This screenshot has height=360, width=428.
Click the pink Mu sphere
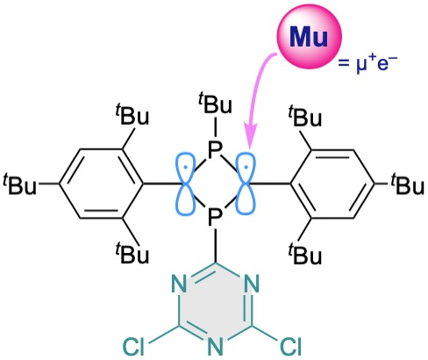click(309, 37)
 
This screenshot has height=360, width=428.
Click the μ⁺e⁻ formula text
click(368, 64)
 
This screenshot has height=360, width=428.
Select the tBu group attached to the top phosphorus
click(215, 103)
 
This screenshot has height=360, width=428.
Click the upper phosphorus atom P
click(215, 151)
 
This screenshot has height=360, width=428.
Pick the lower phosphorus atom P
click(215, 217)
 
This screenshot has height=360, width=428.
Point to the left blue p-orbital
click(185, 184)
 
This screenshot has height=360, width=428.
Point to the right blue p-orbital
click(246, 184)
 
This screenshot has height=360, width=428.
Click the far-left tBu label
click(20, 184)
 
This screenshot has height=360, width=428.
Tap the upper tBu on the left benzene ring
click(132, 115)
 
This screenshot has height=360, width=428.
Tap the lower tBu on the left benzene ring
click(132, 252)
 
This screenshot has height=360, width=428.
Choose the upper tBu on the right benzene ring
click(304, 116)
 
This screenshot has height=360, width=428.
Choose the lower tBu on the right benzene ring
click(304, 254)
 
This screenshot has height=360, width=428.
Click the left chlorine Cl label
click(134, 347)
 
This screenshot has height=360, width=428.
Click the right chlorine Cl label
click(290, 347)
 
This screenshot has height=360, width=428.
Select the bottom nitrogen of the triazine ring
click(215, 347)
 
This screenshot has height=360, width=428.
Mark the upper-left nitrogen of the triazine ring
click(179, 284)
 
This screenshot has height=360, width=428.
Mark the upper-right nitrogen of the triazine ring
click(252, 284)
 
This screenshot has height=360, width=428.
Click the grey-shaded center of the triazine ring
click(215, 305)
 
